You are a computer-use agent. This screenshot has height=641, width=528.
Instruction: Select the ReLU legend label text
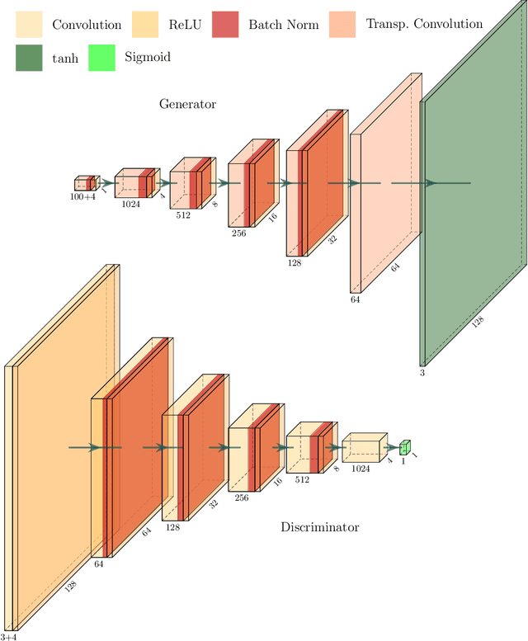pyautogui.click(x=185, y=24)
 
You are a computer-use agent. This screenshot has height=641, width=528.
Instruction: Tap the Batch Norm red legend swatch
pyautogui.click(x=226, y=24)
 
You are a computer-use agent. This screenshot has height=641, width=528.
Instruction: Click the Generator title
pyautogui.click(x=187, y=104)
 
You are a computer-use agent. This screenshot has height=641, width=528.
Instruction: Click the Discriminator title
pyautogui.click(x=319, y=526)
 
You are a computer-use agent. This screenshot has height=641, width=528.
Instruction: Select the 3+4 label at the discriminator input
pyautogui.click(x=9, y=636)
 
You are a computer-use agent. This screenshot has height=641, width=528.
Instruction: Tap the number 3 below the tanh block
pyautogui.click(x=423, y=373)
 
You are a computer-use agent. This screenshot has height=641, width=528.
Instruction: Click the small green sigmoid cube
pyautogui.click(x=404, y=447)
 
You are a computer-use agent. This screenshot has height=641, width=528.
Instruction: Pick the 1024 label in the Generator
pyautogui.click(x=130, y=204)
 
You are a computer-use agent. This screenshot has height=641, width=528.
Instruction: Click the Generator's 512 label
pyautogui.click(x=183, y=214)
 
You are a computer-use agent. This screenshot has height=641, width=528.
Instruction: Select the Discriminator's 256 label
pyautogui.click(x=241, y=497)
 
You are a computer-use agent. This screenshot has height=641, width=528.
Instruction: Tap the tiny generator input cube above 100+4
pyautogui.click(x=86, y=183)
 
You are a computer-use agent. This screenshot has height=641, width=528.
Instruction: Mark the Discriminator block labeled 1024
pyautogui.click(x=363, y=446)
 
